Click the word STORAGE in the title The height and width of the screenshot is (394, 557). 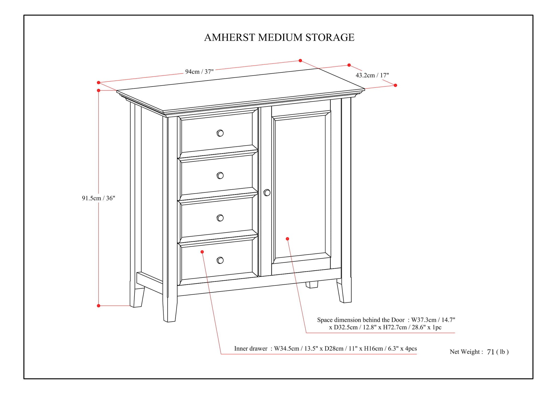(330, 38)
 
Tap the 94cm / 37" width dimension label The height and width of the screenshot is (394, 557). (199, 72)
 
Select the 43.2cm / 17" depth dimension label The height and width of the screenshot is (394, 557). (372, 75)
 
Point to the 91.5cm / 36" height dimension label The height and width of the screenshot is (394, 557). (98, 198)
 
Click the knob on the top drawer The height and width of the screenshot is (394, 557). (220, 133)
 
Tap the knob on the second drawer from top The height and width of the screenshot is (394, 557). (220, 176)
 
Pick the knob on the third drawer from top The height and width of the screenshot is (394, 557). (220, 218)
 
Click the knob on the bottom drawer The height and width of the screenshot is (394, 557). (220, 260)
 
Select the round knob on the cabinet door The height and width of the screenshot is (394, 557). (267, 193)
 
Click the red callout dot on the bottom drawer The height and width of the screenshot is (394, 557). (202, 252)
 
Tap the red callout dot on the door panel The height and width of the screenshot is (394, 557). (287, 239)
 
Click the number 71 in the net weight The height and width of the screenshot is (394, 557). (491, 352)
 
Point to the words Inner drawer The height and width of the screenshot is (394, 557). (251, 348)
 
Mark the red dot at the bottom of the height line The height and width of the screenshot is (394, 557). (98, 306)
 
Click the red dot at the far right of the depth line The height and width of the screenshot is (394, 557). (395, 85)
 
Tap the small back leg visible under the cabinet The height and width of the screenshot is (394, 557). (312, 285)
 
